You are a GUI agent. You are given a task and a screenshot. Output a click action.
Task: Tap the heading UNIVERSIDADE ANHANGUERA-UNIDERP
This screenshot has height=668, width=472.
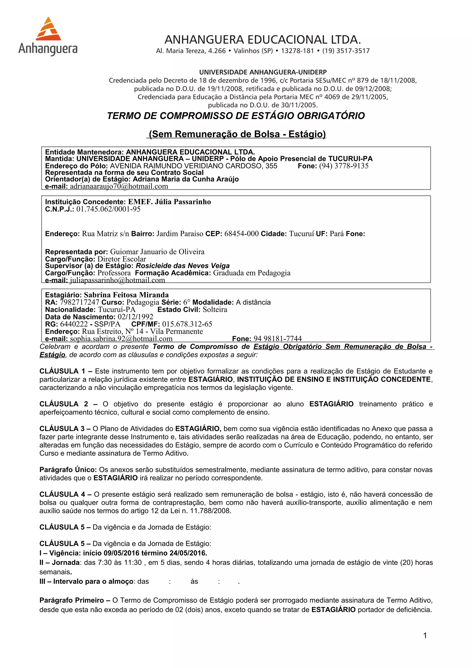[x=263, y=72]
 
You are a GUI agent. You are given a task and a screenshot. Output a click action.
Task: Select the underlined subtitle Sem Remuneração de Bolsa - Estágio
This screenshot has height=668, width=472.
[x=237, y=134]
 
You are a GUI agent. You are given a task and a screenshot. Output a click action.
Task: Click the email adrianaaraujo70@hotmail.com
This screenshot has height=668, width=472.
[x=119, y=186]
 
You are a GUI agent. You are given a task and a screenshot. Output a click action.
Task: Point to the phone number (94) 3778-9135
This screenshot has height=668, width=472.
[x=344, y=166]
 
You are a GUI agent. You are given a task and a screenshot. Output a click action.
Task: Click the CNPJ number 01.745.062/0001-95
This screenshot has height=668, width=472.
[x=109, y=209]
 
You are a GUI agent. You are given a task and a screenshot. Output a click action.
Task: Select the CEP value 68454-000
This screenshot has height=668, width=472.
[x=241, y=234]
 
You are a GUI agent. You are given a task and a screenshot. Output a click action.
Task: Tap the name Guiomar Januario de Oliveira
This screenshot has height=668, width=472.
[x=157, y=252]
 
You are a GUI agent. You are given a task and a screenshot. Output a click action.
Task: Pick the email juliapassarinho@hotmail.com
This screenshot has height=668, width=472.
[x=117, y=280]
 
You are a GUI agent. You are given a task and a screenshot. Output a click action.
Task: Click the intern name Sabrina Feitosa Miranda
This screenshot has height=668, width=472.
[x=126, y=295]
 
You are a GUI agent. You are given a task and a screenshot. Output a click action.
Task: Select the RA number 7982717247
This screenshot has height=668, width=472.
[x=79, y=302]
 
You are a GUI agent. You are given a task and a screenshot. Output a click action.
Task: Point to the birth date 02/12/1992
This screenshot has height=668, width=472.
[x=135, y=317]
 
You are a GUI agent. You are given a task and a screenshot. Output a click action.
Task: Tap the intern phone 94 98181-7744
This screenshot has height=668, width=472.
[x=277, y=339]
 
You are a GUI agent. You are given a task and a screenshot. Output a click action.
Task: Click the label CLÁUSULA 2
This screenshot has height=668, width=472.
[x=64, y=404]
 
